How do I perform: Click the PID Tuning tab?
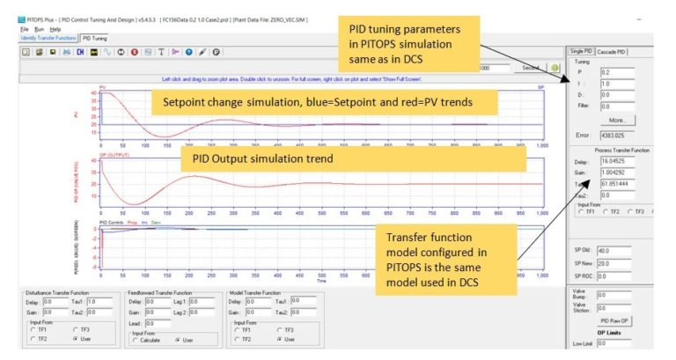pos(94,38)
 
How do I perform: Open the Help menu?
pos(55,29)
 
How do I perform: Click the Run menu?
pos(39,29)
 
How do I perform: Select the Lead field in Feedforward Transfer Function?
pos(159,323)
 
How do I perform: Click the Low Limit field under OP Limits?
pos(621,343)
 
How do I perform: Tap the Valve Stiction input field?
pos(621,307)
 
